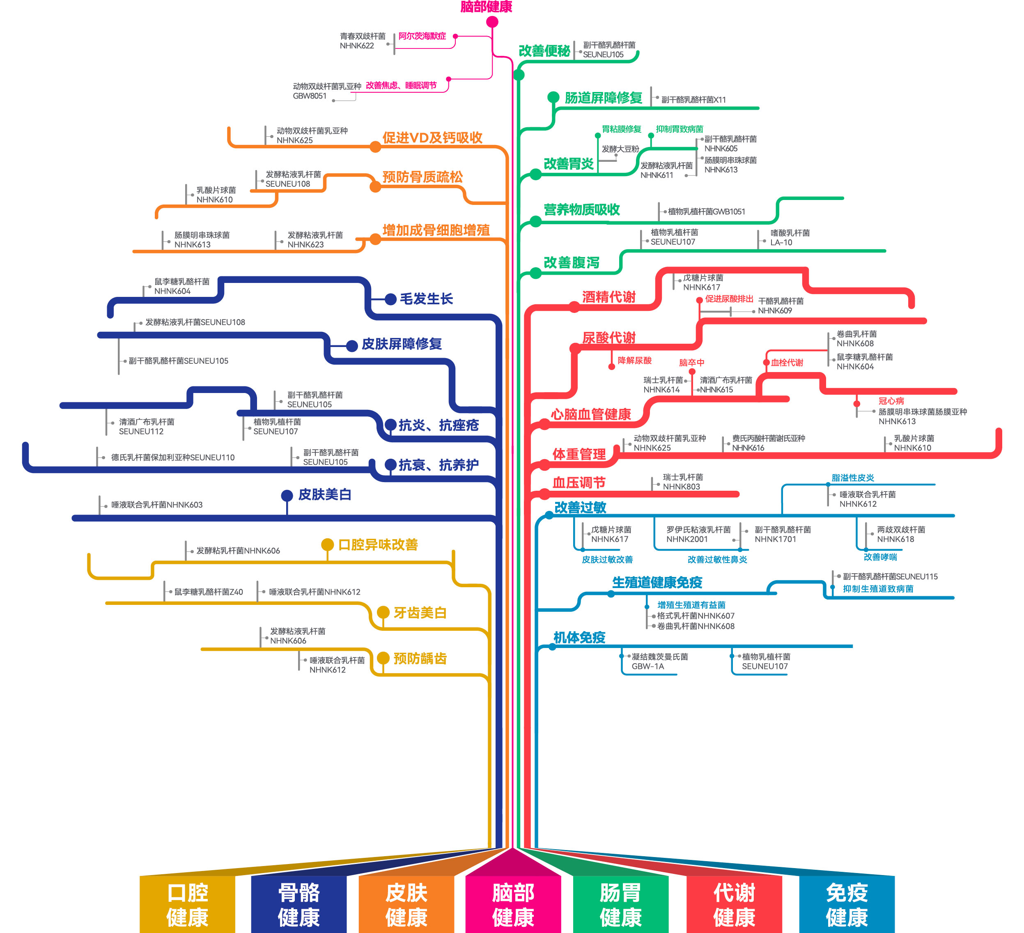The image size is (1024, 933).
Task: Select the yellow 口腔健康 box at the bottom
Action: click(x=187, y=905)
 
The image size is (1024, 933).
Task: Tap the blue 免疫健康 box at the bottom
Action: click(x=846, y=905)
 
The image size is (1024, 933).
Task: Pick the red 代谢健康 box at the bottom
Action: click(x=734, y=905)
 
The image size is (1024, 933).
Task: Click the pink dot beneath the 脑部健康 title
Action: click(x=492, y=22)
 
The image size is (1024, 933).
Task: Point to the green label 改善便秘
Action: click(x=544, y=51)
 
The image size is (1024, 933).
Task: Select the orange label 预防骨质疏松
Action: click(x=422, y=177)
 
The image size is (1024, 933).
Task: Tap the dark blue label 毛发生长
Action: click(x=426, y=299)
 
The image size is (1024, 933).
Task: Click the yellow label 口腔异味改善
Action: click(x=378, y=545)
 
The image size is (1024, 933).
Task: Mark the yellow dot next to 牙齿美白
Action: click(x=383, y=613)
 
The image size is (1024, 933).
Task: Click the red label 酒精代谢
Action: click(x=608, y=297)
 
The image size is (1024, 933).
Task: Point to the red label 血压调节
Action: click(x=579, y=483)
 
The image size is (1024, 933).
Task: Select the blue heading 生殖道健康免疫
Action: click(x=657, y=583)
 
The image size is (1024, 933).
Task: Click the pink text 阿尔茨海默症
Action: click(x=422, y=36)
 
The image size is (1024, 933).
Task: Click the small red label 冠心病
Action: click(x=891, y=401)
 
